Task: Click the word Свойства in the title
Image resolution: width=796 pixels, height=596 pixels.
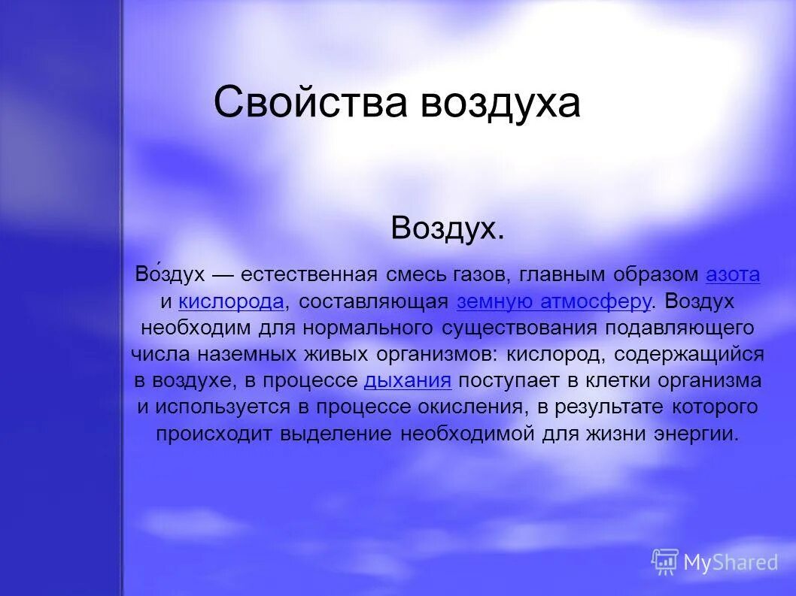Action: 311,103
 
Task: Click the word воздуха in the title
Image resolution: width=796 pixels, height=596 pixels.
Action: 500,103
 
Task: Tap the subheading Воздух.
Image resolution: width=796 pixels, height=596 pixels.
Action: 447,228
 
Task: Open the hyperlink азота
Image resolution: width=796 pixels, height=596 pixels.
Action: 733,275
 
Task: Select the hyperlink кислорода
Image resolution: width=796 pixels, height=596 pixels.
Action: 231,302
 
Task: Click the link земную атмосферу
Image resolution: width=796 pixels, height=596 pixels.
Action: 554,302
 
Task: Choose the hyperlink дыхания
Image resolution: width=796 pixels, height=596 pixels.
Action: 407,381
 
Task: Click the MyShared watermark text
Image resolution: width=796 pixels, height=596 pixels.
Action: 730,561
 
